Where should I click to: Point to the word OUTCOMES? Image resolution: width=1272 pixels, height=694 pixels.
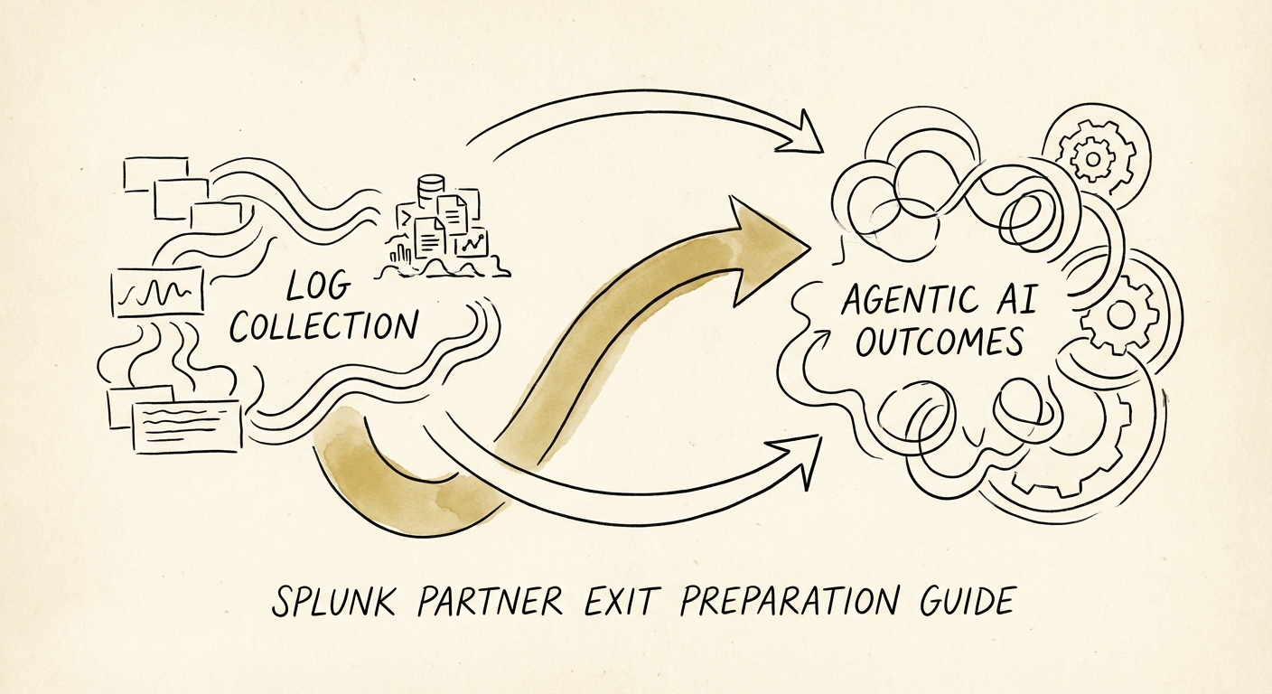(939, 342)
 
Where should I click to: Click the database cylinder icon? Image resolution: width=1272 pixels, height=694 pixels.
(431, 191)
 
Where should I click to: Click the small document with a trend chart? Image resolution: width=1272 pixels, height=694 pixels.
(472, 241)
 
